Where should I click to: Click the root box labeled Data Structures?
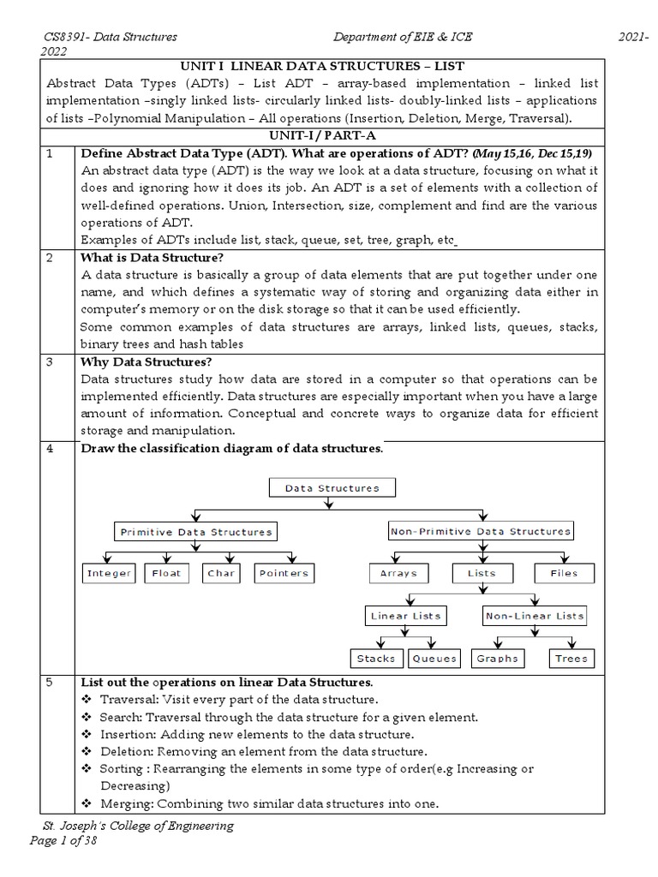[x=331, y=488]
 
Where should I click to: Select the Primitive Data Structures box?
[x=195, y=532]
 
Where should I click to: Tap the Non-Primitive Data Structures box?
[x=480, y=532]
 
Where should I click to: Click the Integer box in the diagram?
[x=109, y=574]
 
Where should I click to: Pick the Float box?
[x=167, y=574]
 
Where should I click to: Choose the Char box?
[x=221, y=574]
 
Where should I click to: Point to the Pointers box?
[x=284, y=574]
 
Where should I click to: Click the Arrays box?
[x=398, y=574]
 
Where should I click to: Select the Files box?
[x=564, y=574]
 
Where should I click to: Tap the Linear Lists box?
[x=405, y=616]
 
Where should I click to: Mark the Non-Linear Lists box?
[x=535, y=616]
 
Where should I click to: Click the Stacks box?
[x=376, y=659]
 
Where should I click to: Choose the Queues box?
[x=434, y=659]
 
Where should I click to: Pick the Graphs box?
[x=497, y=659]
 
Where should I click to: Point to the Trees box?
[x=571, y=659]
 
